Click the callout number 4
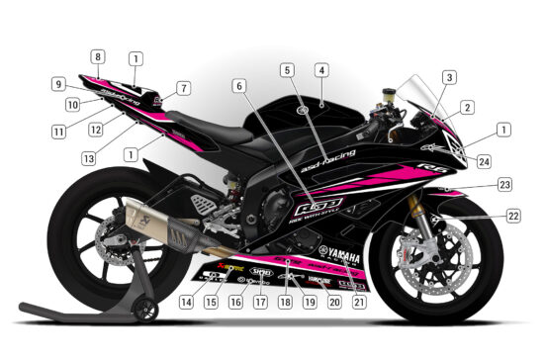[321, 71]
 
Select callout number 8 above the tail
[98, 56]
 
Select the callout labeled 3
[448, 76]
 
